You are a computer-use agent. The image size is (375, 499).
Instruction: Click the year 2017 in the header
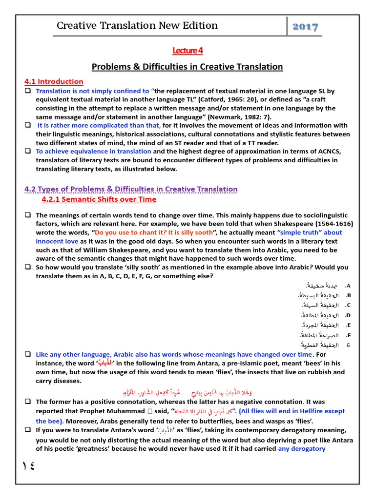(305, 27)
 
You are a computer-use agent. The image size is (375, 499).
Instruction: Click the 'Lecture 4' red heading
(187, 51)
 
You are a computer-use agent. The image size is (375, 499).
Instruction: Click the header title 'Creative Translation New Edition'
(137, 26)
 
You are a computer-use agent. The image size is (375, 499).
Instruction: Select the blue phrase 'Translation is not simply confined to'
(93, 91)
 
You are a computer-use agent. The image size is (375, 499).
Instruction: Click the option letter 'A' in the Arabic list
(348, 286)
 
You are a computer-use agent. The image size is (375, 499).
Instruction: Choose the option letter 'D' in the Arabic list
(348, 315)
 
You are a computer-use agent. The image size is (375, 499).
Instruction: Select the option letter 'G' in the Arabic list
(348, 345)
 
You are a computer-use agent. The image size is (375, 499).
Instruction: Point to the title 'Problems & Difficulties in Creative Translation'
(187, 67)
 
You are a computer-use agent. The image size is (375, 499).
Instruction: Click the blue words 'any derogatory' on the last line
(301, 448)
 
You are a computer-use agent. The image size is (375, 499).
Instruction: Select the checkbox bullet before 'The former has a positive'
(28, 402)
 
